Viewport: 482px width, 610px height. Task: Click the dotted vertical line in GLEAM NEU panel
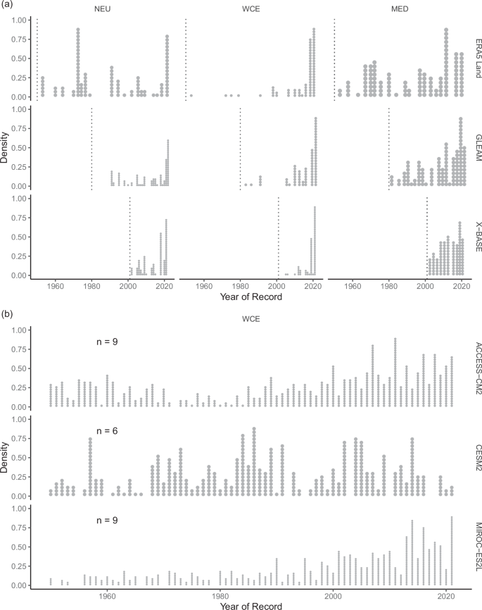click(91, 149)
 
